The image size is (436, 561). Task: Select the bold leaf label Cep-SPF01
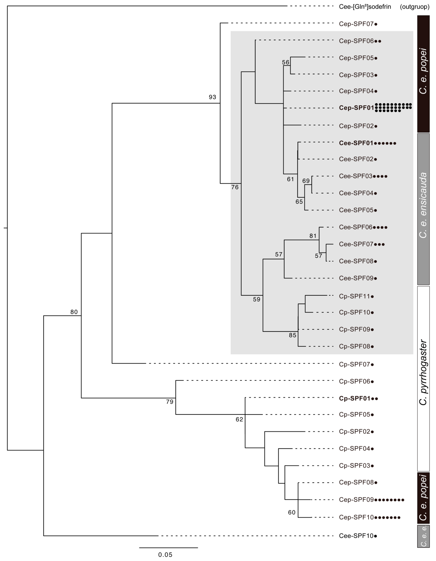tap(356, 108)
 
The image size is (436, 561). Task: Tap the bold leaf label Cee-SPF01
tap(356, 143)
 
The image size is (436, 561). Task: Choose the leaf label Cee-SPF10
tap(356, 536)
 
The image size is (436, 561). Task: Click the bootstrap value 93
tap(212, 97)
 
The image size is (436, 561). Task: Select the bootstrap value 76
tap(235, 187)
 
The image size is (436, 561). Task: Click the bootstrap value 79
tap(170, 402)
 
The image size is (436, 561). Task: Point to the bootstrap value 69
tap(306, 181)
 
